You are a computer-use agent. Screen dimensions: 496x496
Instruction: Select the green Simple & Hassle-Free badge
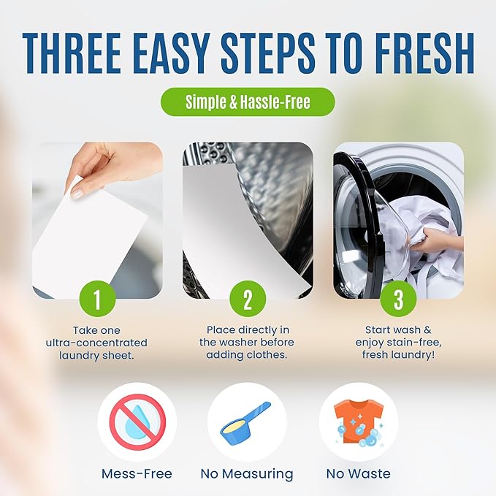coord(248,102)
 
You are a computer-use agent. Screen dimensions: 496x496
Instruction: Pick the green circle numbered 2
coord(247,299)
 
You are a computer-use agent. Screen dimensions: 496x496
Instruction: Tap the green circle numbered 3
coord(399,299)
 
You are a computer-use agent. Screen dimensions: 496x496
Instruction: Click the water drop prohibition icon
coord(137,421)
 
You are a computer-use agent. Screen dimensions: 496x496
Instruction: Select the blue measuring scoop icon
coord(246,421)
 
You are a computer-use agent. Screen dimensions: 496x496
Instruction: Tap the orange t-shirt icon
coord(358,422)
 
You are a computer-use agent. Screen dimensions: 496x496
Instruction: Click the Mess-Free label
coord(137,473)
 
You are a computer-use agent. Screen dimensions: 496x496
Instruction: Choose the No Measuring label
coord(247,474)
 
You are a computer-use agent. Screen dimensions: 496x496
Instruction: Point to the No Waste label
coord(358,473)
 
